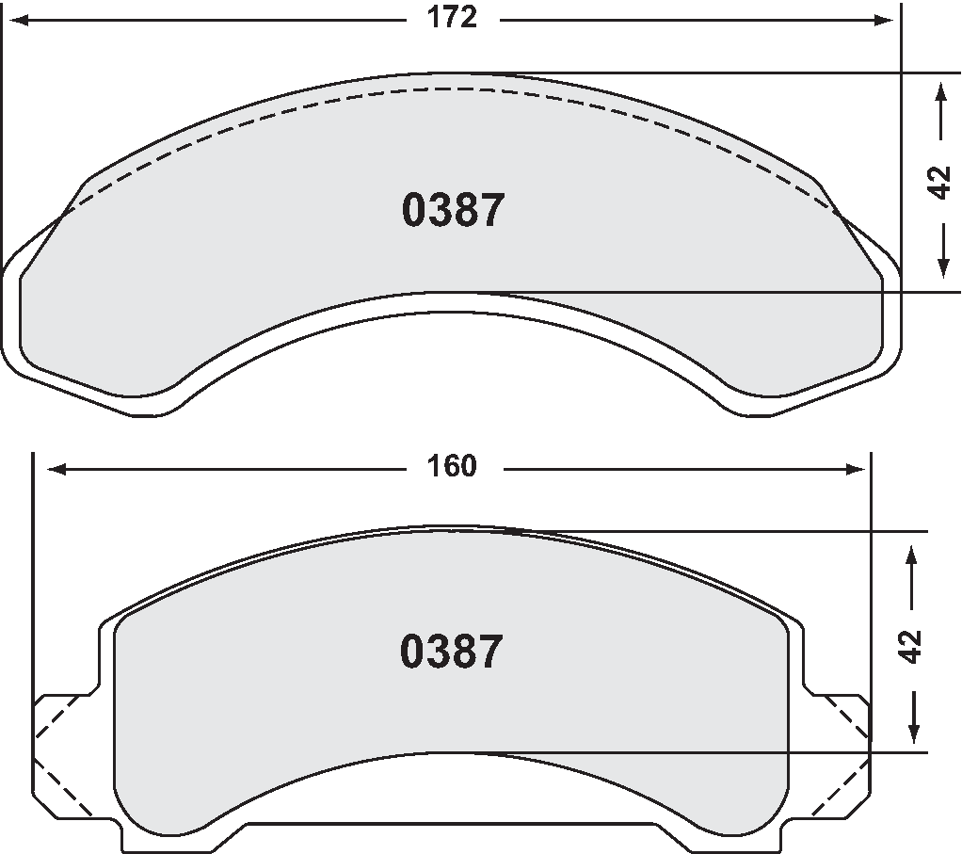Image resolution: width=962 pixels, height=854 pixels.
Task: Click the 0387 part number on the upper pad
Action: click(453, 211)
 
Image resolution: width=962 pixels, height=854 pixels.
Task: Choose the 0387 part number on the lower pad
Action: click(452, 652)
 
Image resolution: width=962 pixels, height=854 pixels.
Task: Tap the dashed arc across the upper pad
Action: click(452, 89)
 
